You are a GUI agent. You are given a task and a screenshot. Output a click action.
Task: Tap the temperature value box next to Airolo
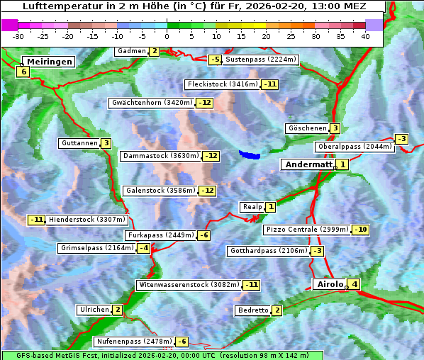355,285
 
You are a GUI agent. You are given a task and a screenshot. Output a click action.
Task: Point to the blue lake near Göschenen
250,154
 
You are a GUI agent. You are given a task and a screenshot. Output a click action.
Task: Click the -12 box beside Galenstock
207,191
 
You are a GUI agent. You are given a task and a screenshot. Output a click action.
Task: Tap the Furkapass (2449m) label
160,235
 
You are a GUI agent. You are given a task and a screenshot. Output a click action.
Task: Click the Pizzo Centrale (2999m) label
307,230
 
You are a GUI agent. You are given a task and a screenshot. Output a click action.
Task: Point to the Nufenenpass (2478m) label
134,342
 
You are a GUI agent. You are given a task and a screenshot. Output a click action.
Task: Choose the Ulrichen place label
94,310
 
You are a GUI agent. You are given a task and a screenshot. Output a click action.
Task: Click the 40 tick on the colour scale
365,36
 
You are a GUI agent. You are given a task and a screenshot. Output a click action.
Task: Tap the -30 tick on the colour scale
18,36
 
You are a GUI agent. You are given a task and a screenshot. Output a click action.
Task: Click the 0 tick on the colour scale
167,36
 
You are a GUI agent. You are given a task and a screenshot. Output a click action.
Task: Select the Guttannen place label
79,143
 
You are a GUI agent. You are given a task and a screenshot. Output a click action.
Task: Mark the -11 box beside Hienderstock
37,220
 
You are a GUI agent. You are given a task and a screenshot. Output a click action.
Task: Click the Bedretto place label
252,310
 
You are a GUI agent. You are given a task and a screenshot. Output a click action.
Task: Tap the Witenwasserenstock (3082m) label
188,285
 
